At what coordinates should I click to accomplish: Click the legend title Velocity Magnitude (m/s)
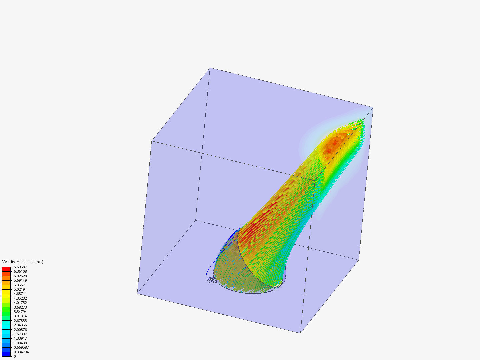click(23, 262)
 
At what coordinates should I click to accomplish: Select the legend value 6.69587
click(20, 267)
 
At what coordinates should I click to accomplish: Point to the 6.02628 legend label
click(20, 276)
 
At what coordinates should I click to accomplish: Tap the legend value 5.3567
click(19, 285)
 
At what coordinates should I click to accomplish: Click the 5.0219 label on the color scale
click(19, 289)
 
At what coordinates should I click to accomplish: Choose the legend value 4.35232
click(20, 298)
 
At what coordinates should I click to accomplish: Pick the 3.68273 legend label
click(20, 307)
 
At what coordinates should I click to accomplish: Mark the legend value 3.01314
click(20, 316)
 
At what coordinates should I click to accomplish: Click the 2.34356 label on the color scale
click(20, 325)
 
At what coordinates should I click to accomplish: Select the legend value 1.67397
click(20, 334)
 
